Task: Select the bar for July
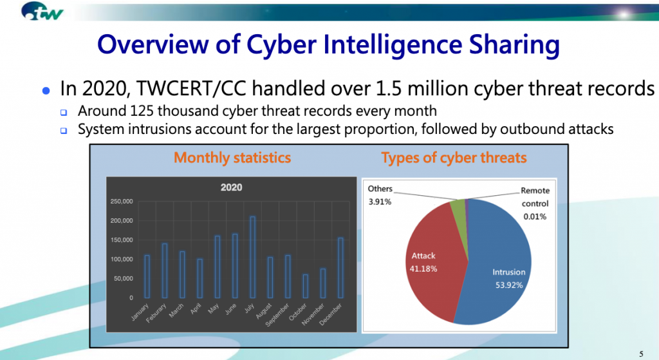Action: [x=252, y=258]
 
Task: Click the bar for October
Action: [x=306, y=287]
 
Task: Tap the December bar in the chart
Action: [x=340, y=268]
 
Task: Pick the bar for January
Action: [x=147, y=277]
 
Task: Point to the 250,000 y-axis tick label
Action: [x=122, y=202]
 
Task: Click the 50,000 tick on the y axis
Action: [x=123, y=278]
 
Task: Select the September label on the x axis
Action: [x=277, y=314]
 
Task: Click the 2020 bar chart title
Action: [x=231, y=187]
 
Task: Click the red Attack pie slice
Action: [x=433, y=261]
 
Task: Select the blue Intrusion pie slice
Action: [x=496, y=261]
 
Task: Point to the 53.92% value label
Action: [x=509, y=285]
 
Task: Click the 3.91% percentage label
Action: [x=380, y=202]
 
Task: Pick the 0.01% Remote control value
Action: [x=535, y=216]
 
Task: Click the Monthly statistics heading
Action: [x=232, y=158]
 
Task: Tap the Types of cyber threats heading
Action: [x=454, y=158]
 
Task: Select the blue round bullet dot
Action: [x=46, y=90]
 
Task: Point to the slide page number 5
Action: [x=642, y=354]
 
